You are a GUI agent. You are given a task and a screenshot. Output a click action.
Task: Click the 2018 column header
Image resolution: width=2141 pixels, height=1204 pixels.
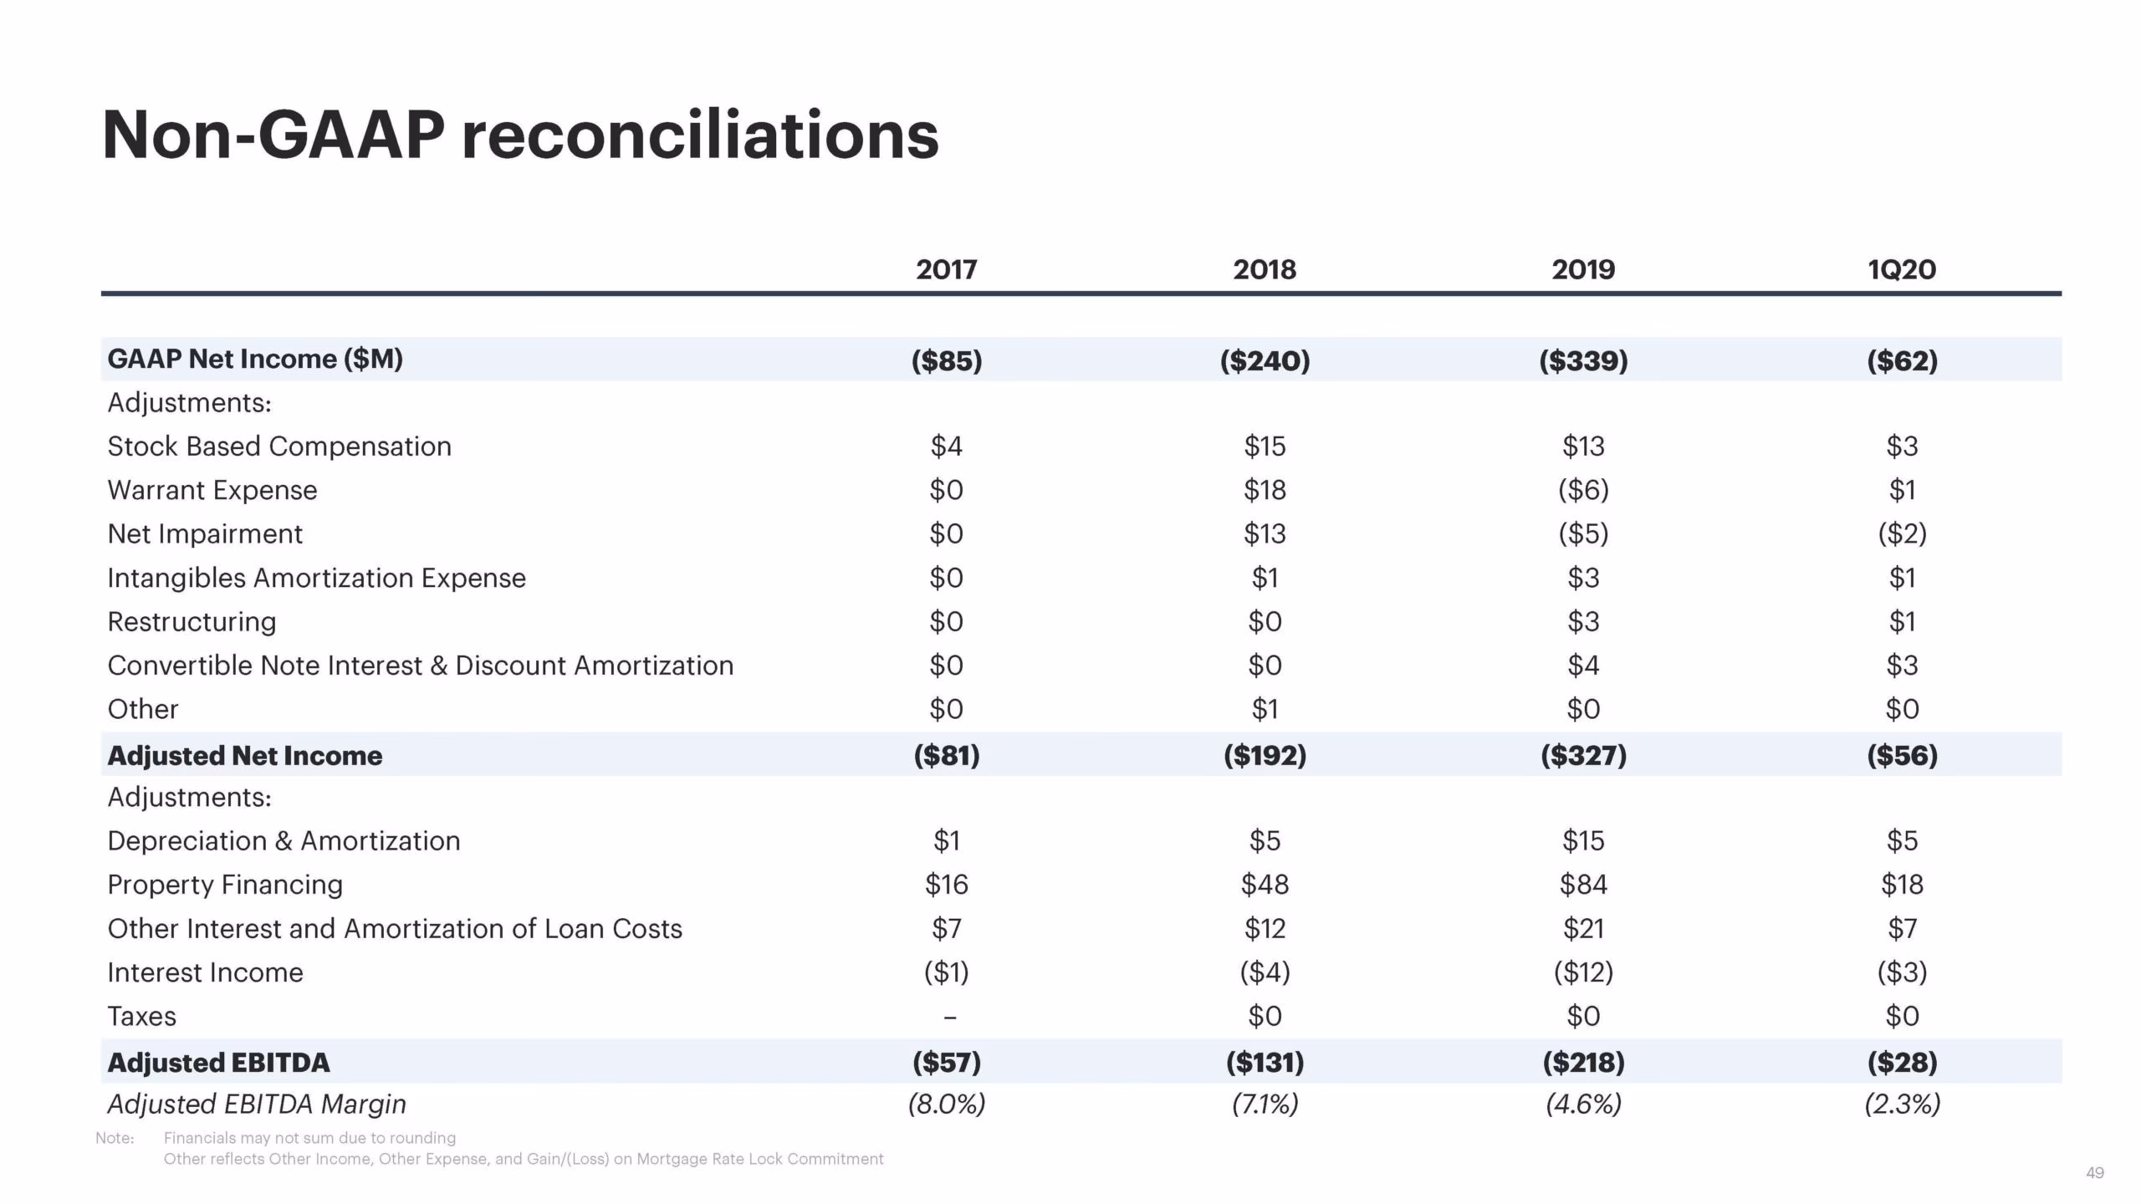(x=1265, y=269)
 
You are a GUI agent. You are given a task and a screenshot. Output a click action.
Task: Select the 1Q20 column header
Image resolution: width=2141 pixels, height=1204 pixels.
(x=1902, y=269)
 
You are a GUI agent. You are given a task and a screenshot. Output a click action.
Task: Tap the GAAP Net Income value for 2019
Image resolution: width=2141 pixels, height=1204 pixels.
(x=1583, y=360)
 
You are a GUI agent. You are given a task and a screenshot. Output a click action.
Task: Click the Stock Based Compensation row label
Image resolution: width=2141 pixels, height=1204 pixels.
(x=279, y=446)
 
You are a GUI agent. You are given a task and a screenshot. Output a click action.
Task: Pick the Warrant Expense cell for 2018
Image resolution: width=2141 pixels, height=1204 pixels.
(x=1265, y=490)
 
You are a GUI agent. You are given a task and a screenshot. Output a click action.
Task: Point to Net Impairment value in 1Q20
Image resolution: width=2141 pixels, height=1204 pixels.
(x=1902, y=533)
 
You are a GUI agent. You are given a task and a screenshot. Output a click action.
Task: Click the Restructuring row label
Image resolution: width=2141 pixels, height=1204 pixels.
(x=192, y=622)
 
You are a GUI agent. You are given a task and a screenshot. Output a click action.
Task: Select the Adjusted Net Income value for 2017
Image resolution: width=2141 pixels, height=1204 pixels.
(x=947, y=756)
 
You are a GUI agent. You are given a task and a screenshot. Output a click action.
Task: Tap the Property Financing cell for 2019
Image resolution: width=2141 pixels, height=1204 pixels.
(x=1583, y=885)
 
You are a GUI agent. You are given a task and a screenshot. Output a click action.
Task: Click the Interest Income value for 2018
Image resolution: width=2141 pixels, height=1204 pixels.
(x=1265, y=972)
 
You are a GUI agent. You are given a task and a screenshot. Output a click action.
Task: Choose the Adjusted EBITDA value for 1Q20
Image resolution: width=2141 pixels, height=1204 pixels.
(x=1902, y=1063)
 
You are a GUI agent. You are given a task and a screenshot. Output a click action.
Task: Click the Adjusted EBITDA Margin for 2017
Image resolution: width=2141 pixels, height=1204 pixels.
(x=947, y=1105)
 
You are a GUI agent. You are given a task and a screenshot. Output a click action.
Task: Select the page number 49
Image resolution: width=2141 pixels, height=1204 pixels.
(x=2094, y=1173)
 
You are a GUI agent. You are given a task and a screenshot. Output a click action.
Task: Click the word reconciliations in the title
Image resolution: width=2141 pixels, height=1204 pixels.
(x=700, y=135)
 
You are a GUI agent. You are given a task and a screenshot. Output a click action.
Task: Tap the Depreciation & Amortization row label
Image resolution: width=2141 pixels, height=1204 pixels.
(x=284, y=841)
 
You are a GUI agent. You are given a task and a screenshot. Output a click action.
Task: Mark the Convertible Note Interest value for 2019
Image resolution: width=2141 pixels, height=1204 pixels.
(x=1583, y=666)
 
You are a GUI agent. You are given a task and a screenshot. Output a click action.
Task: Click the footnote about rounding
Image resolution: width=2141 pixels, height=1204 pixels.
(x=309, y=1138)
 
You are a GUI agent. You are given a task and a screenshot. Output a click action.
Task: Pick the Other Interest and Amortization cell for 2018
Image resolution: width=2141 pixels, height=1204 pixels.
(x=1265, y=929)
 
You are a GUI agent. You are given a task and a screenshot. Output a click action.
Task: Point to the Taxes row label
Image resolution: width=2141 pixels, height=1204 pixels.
(x=142, y=1017)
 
